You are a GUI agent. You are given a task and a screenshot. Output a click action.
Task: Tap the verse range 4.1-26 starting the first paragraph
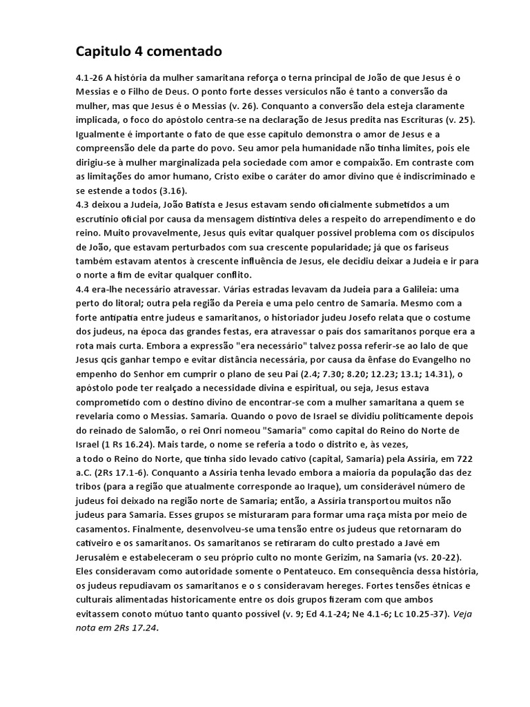[x=90, y=77]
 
